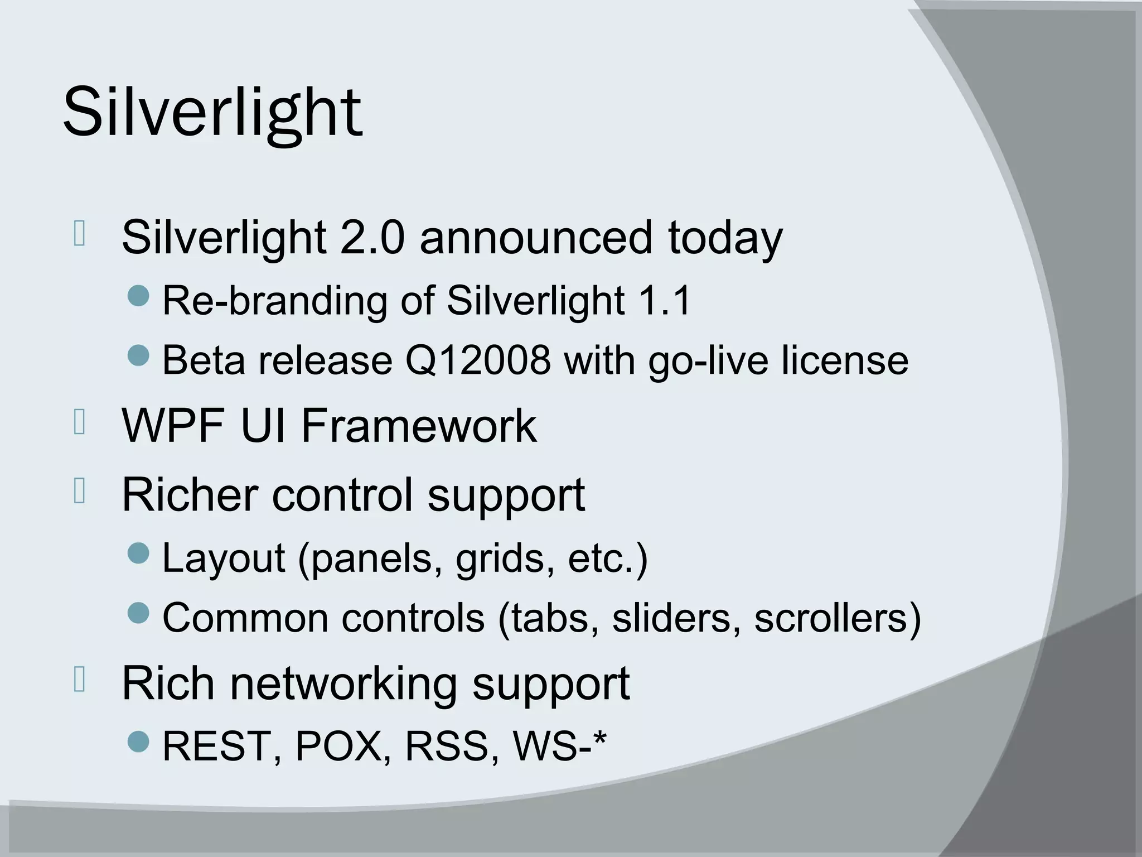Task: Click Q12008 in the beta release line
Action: click(477, 360)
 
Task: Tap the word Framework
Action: click(419, 426)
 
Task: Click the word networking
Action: click(343, 684)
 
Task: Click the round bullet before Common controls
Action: click(138, 613)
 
